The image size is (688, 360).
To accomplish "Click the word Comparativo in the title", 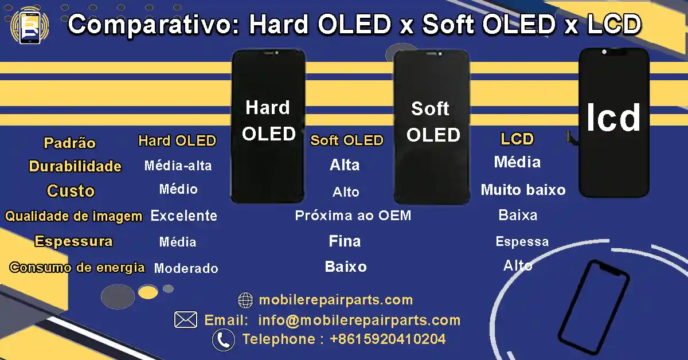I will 154,26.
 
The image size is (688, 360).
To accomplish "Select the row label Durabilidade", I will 75,166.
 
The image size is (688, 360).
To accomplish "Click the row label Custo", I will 71,191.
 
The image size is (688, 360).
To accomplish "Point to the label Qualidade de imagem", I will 74,216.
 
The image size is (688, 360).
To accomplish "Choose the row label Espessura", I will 73,241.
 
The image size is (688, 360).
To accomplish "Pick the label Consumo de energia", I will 77,267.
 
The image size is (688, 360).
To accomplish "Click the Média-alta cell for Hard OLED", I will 178,166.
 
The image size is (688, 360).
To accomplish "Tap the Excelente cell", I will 183,216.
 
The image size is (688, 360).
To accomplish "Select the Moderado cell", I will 186,268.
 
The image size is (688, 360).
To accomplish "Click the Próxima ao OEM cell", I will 353,216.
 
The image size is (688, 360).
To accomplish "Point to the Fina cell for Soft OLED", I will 345,241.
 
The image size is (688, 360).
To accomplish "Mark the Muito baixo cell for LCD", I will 523,190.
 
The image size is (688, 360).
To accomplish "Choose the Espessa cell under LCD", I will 522,241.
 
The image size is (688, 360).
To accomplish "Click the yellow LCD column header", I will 517,139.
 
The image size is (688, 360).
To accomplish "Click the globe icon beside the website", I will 245,300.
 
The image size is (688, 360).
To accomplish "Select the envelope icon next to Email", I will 186,320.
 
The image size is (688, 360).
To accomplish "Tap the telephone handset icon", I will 223,340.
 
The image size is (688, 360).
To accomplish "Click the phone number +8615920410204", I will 388,339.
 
